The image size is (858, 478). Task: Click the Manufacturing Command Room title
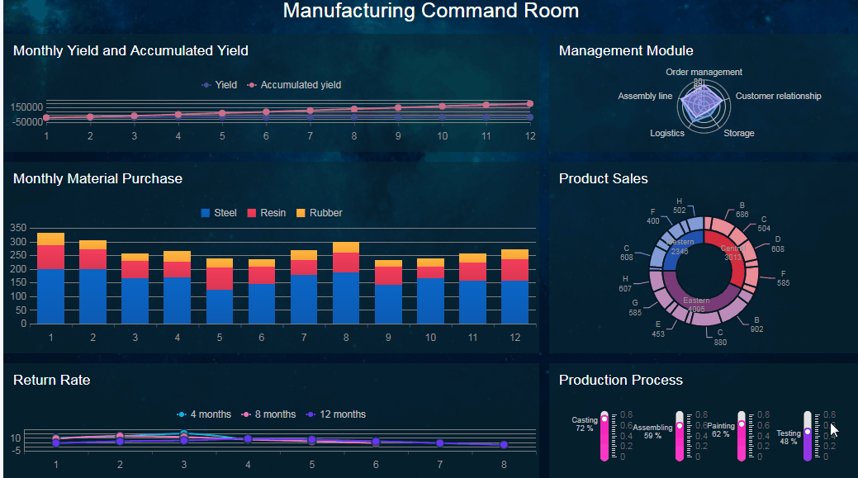[430, 11]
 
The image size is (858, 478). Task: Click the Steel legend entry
[219, 213]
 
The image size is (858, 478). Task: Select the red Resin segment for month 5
[220, 278]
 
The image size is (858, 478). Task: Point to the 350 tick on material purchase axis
[18, 227]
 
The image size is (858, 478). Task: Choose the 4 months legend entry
[203, 414]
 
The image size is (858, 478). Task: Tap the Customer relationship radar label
[778, 96]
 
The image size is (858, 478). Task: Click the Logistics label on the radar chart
[667, 133]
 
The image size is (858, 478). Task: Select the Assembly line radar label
[645, 96]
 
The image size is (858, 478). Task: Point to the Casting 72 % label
[585, 424]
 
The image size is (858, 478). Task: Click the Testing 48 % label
[789, 437]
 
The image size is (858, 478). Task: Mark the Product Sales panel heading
[603, 178]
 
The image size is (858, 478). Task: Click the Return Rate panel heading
[51, 380]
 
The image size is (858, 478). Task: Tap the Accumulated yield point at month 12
[529, 104]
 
